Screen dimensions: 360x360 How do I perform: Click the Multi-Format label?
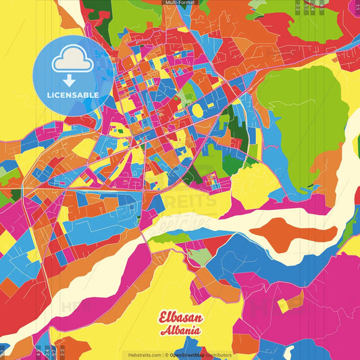(180, 3)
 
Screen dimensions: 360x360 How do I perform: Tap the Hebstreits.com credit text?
(144, 355)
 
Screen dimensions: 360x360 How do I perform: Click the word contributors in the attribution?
(219, 355)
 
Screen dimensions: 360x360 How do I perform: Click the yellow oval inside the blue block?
(197, 110)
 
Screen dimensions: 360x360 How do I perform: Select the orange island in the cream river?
(297, 231)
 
